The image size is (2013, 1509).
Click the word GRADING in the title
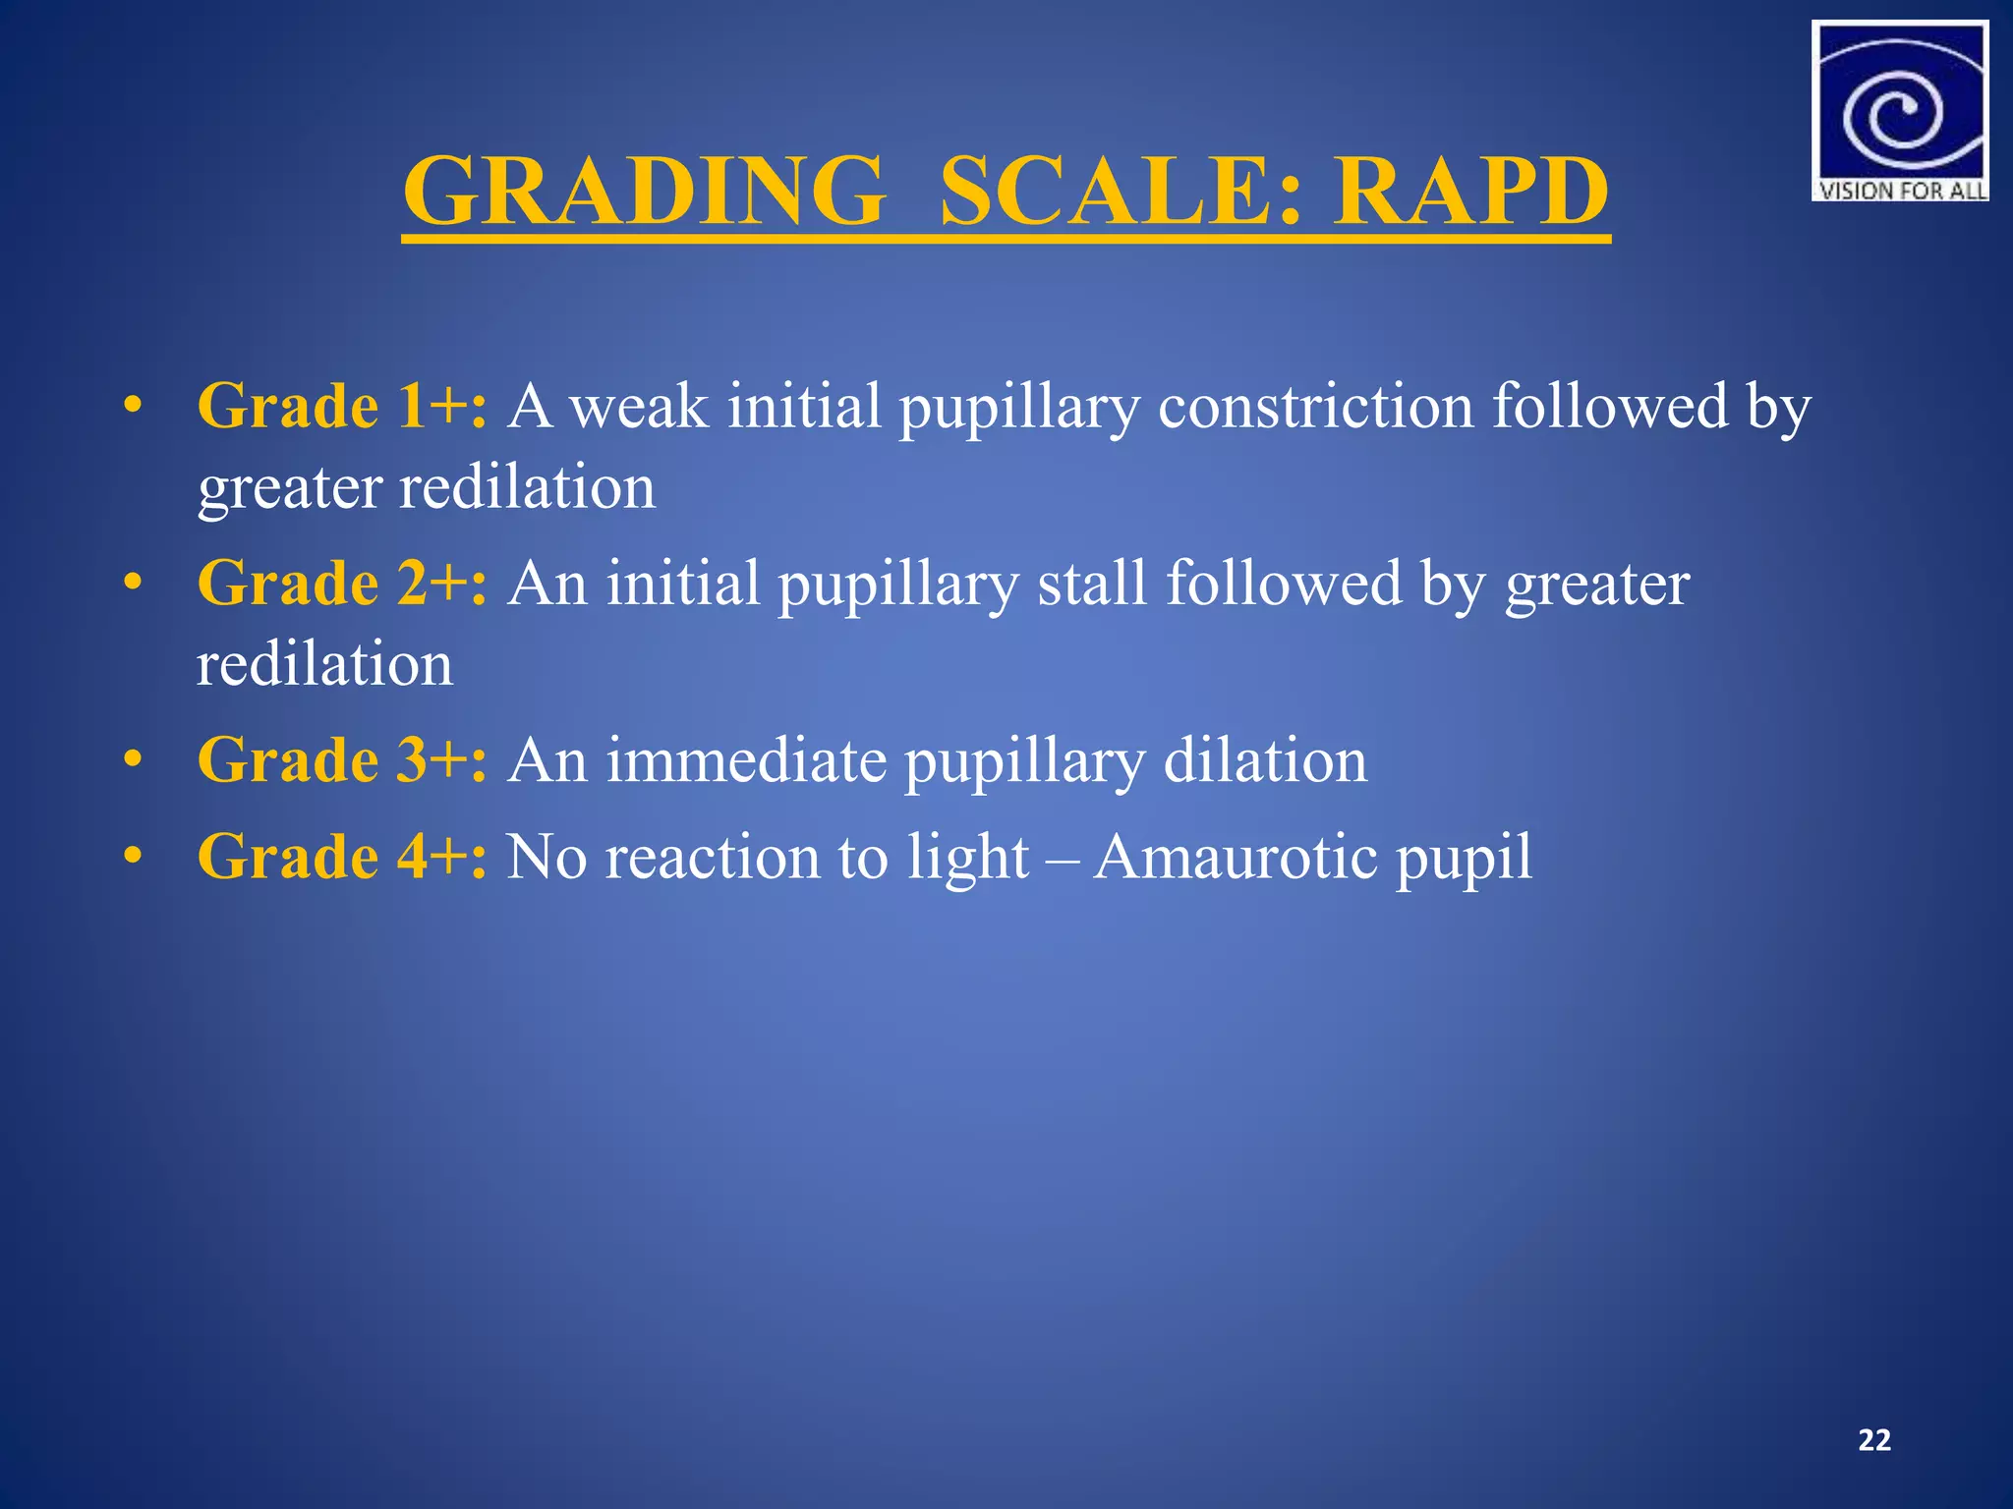coord(644,192)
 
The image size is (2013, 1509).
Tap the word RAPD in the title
coord(1470,192)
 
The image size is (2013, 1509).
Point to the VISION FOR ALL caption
coord(1900,191)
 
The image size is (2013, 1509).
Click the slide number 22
coord(1874,1440)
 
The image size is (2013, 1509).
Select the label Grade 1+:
coord(342,406)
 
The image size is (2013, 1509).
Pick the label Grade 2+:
coord(342,584)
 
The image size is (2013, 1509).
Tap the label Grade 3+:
coord(342,760)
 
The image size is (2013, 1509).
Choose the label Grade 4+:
coord(342,857)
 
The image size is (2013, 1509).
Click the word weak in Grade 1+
coord(640,406)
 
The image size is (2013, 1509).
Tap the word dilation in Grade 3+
coord(1265,760)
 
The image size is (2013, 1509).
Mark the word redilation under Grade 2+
coord(324,664)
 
